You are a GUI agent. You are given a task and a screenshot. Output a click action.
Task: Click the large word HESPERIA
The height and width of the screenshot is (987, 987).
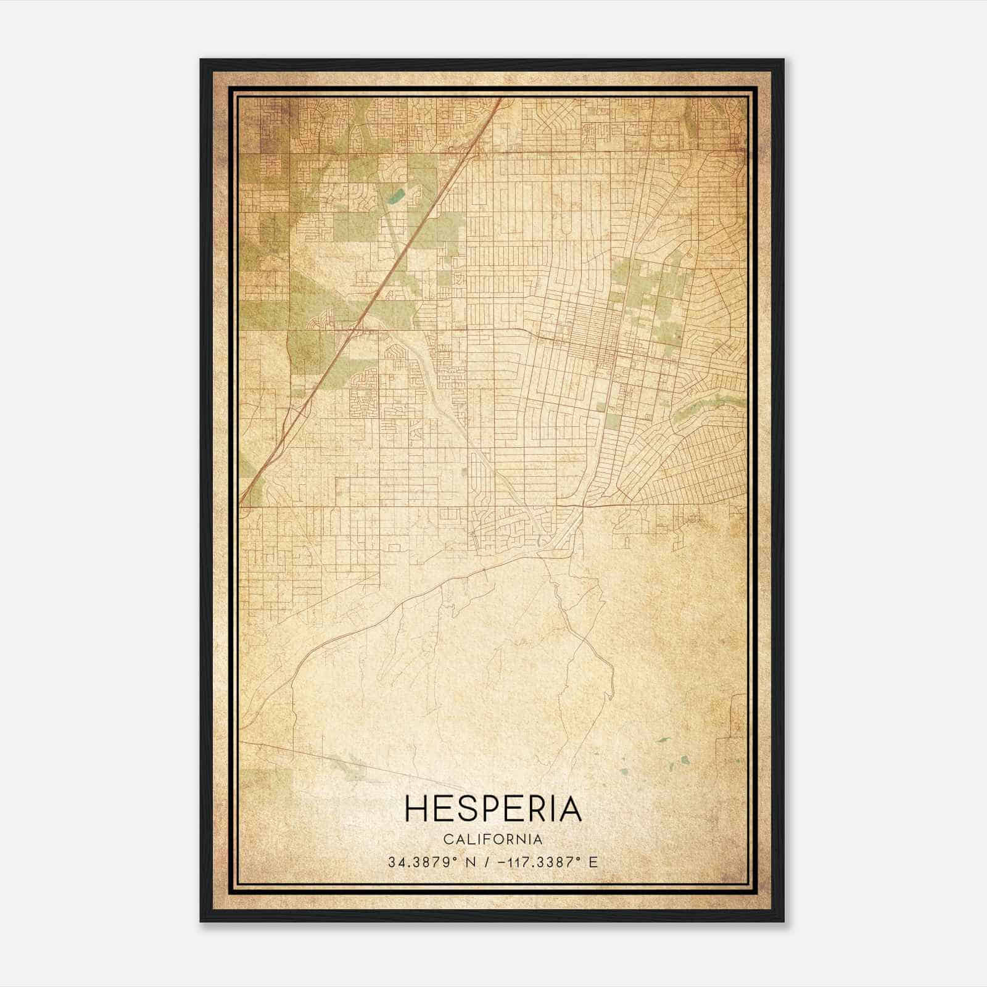coord(493,809)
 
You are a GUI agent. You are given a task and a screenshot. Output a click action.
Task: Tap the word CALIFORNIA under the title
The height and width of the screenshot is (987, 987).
coord(493,840)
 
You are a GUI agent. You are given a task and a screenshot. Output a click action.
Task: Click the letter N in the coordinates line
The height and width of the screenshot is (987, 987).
coord(469,862)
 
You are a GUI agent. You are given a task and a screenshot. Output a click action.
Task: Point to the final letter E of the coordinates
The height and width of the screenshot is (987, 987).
coord(593,862)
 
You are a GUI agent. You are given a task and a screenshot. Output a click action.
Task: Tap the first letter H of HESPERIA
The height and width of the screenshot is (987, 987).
coord(416,809)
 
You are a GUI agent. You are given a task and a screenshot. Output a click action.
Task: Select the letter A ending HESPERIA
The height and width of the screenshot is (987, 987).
coord(571,809)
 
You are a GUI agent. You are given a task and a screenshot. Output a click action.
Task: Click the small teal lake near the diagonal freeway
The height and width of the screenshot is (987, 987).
coord(395,197)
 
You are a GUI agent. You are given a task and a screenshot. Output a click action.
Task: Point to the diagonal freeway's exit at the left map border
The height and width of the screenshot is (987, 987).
coord(241,501)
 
